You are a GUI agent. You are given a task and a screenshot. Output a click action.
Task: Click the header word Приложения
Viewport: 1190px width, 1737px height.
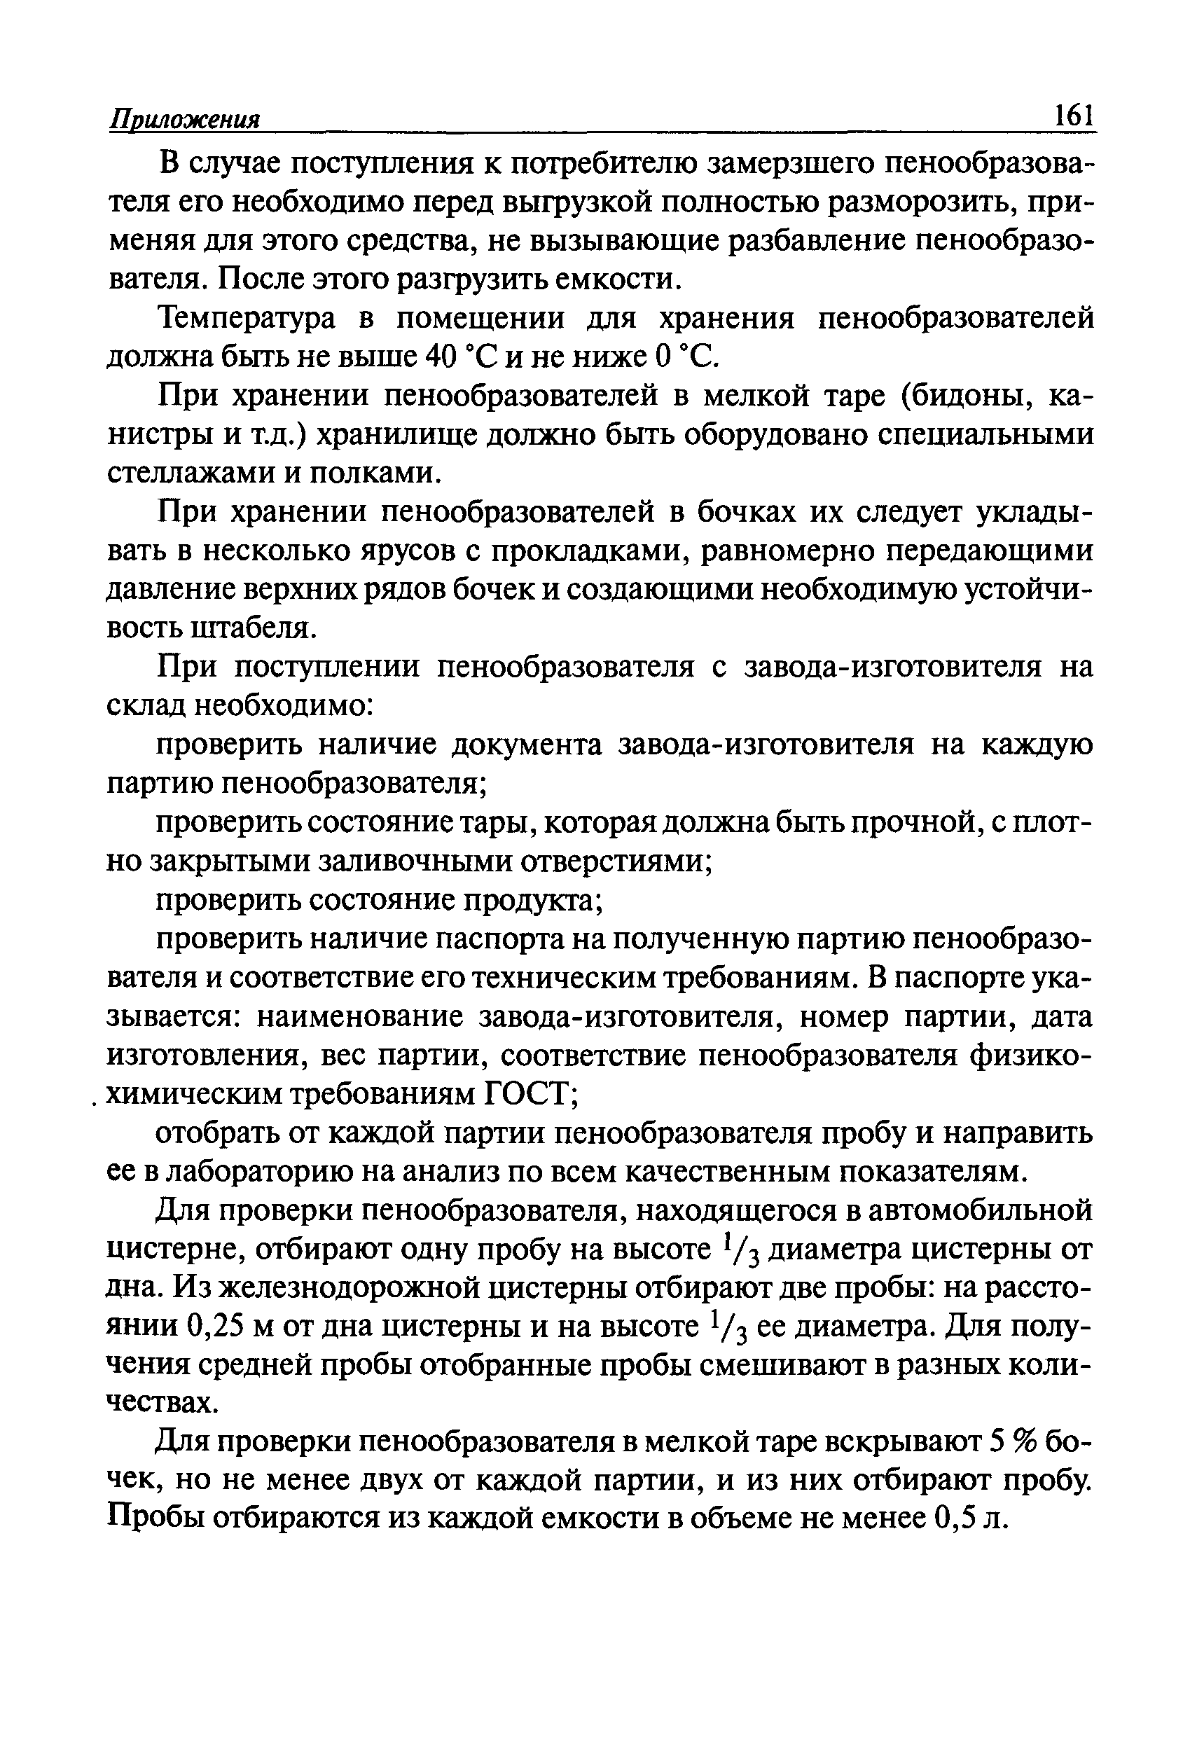click(185, 119)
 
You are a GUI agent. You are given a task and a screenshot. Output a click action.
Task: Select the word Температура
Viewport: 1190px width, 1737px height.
click(247, 319)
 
